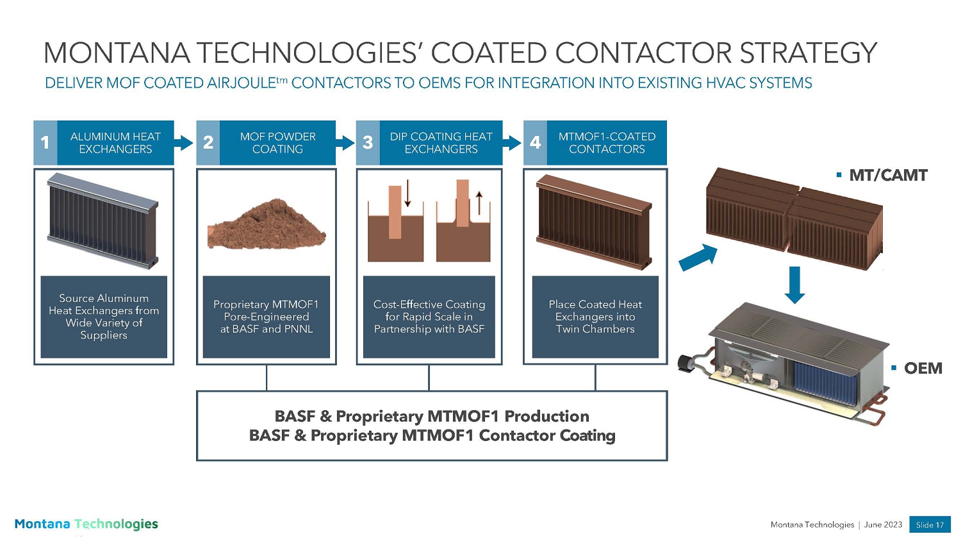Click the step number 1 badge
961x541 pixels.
(45, 142)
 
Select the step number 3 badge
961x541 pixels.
(368, 142)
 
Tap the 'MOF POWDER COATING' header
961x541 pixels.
(277, 142)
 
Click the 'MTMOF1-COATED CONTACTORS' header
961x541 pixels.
(607, 142)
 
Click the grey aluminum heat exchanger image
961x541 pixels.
(103, 221)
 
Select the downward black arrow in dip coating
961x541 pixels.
(407, 194)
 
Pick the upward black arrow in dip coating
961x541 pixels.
(479, 203)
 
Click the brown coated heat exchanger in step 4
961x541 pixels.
(594, 221)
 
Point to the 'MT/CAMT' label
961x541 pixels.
(888, 175)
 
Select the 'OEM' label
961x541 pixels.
(923, 368)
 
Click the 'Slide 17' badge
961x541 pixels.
(930, 524)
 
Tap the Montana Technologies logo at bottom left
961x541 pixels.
(86, 524)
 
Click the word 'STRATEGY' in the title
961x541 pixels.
(808, 53)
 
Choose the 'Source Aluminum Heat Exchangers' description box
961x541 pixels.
(104, 317)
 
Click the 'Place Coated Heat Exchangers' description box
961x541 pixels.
(595, 317)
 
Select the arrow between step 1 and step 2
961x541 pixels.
(184, 142)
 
